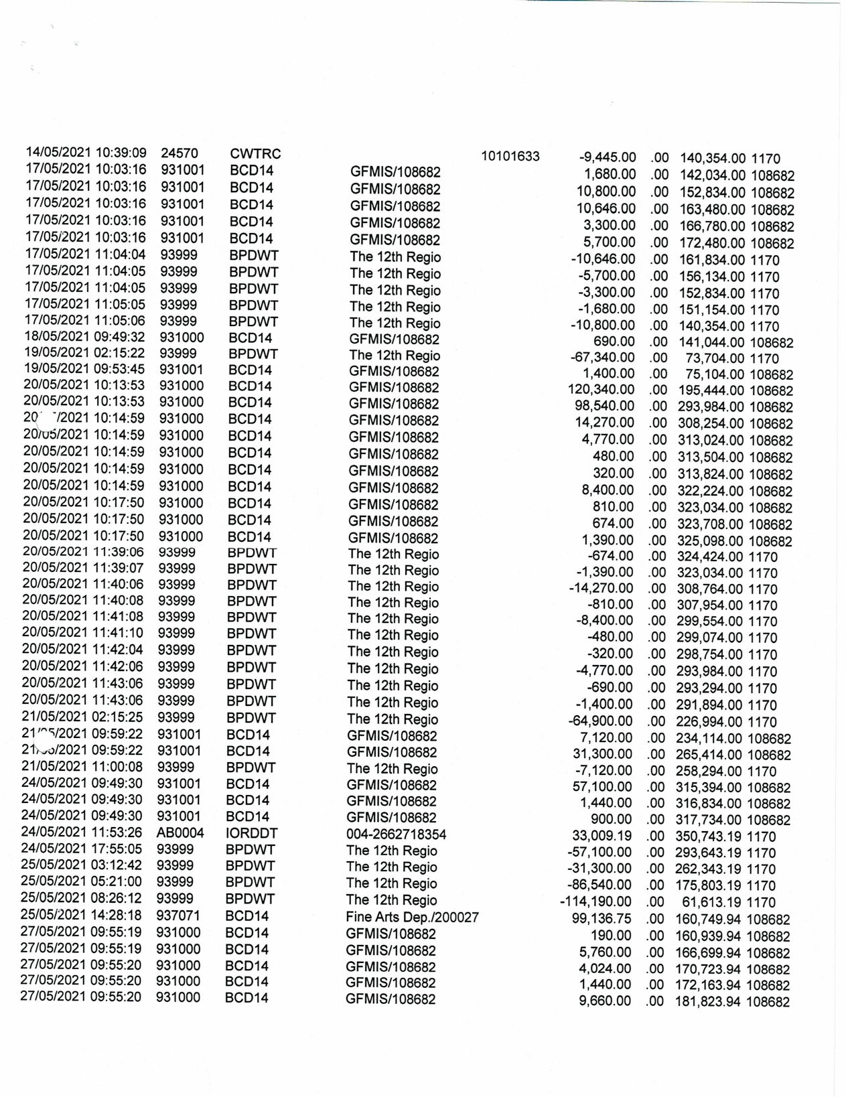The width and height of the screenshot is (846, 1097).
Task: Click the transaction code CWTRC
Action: click(255, 154)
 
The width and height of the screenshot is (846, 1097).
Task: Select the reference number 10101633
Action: click(510, 157)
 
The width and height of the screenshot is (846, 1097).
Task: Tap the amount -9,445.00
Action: click(607, 158)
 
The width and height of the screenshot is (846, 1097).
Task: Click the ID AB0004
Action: click(175, 834)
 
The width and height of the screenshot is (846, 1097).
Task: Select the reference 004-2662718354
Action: click(396, 834)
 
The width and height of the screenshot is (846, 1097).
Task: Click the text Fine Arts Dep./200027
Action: click(412, 918)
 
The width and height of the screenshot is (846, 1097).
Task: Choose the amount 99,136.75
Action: click(602, 919)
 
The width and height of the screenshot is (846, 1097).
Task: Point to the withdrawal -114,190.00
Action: click(595, 902)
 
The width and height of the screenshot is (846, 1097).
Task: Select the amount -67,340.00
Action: click(602, 357)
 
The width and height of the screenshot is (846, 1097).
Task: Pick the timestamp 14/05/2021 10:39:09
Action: click(86, 153)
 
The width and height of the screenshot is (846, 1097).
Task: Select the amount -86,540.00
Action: click(598, 885)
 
